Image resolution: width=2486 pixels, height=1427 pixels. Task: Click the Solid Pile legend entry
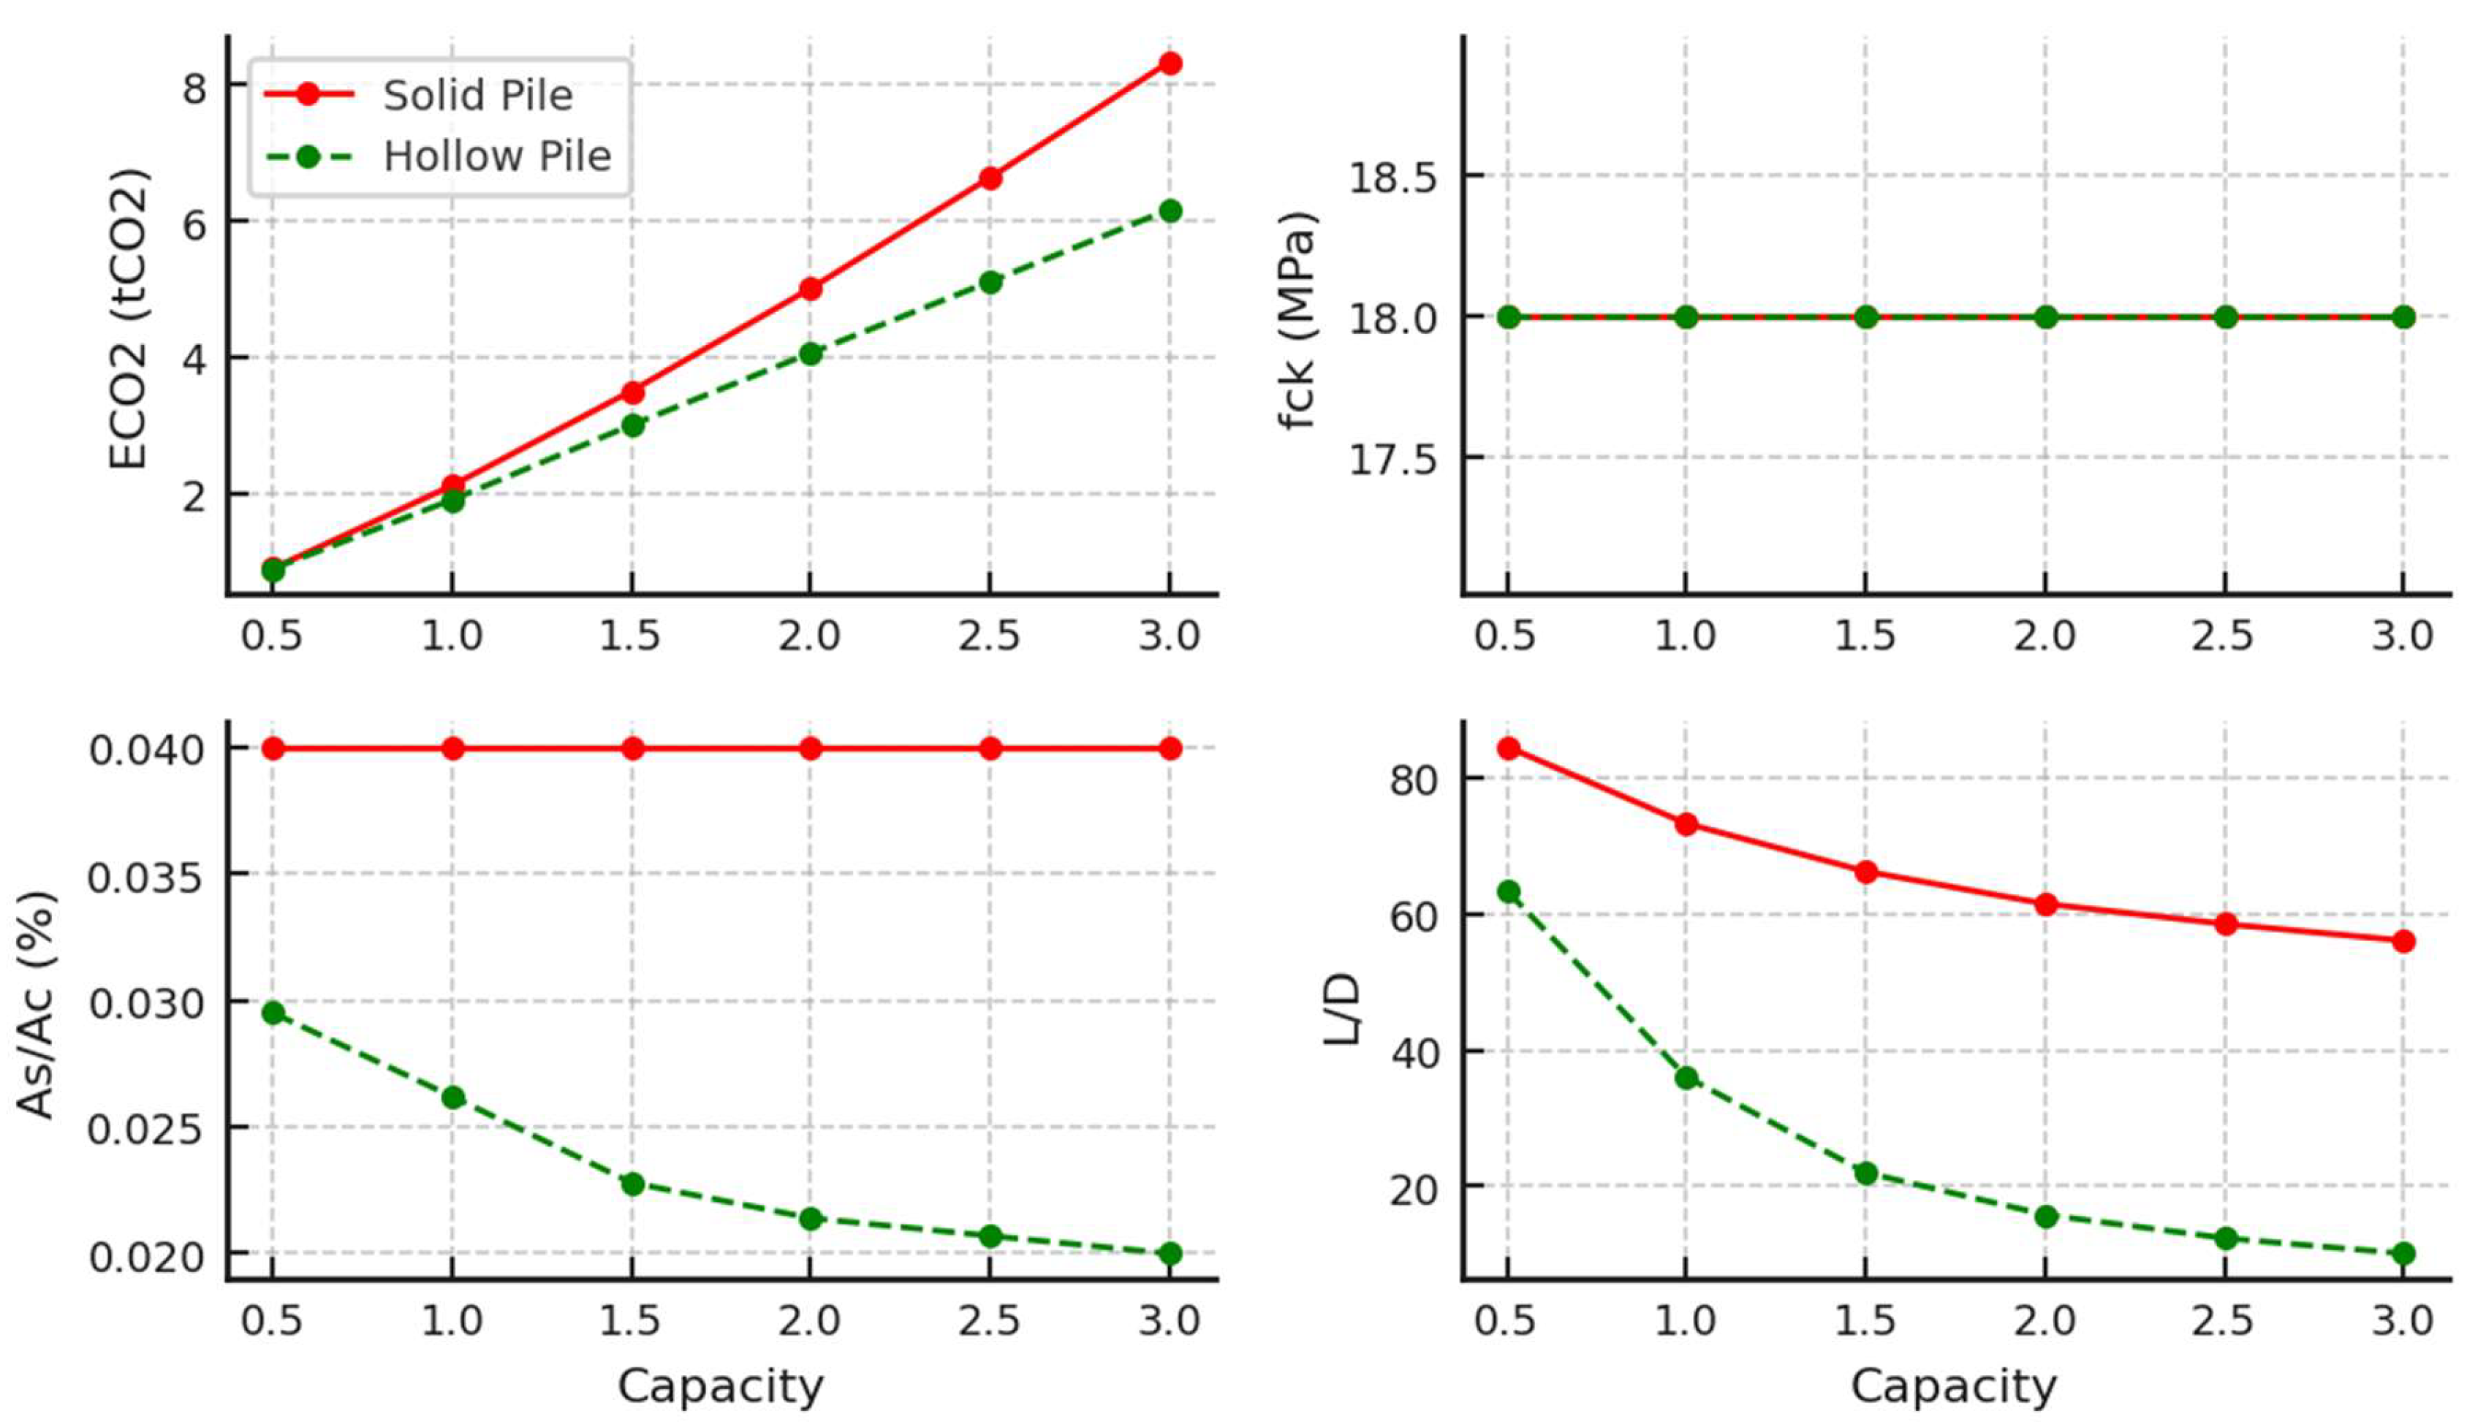coord(477,95)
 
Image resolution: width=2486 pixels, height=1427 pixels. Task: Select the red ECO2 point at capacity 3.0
coord(1170,64)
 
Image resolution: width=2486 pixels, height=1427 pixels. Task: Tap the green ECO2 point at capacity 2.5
coord(990,282)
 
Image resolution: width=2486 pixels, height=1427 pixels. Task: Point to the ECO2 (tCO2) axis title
coord(127,319)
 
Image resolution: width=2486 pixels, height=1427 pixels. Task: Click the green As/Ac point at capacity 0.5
coord(273,1013)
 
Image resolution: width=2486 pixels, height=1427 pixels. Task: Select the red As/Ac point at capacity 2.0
coord(811,749)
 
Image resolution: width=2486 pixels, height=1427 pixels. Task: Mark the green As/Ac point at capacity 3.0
coord(1170,1254)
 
